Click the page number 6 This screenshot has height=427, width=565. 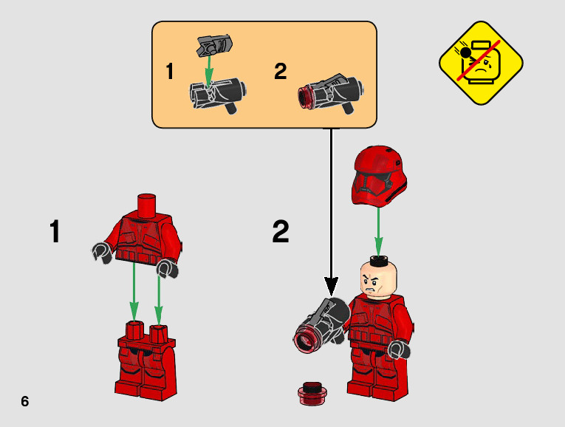[x=25, y=401]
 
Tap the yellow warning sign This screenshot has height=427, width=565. [x=481, y=61]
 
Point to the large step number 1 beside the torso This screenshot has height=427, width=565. [x=55, y=231]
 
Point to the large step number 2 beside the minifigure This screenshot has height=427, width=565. [x=281, y=231]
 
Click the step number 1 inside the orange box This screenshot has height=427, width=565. [x=170, y=72]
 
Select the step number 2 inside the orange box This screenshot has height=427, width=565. [x=280, y=72]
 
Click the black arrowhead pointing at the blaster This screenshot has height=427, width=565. [x=332, y=286]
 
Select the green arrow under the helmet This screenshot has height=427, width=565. [x=379, y=230]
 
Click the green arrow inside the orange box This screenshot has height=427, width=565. [x=209, y=72]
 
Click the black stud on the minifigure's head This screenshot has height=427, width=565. [x=379, y=259]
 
